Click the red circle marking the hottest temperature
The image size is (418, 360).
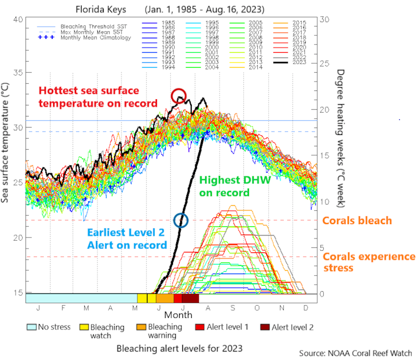(x=179, y=95)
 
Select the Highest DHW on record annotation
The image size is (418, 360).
(x=226, y=186)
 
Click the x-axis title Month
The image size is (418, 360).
(x=178, y=314)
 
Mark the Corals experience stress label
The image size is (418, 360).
(x=368, y=262)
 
